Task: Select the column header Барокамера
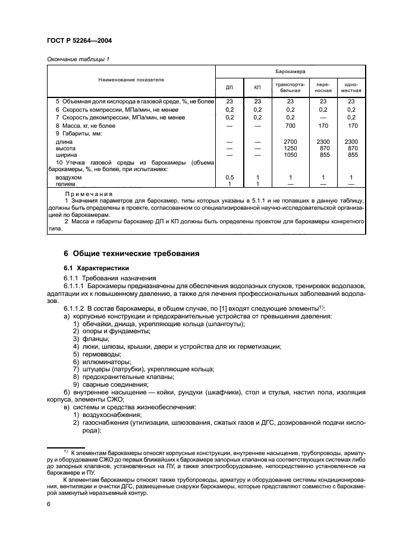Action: [290, 70]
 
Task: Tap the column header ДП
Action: [229, 87]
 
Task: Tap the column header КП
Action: [257, 87]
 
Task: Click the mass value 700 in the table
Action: [290, 126]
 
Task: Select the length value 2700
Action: [290, 141]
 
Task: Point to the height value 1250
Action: [290, 148]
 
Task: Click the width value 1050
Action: [290, 154]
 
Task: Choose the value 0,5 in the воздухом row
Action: [229, 178]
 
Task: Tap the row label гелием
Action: [67, 184]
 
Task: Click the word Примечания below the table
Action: [89, 194]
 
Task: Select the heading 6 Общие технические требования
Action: [131, 254]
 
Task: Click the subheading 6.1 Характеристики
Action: [97, 268]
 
